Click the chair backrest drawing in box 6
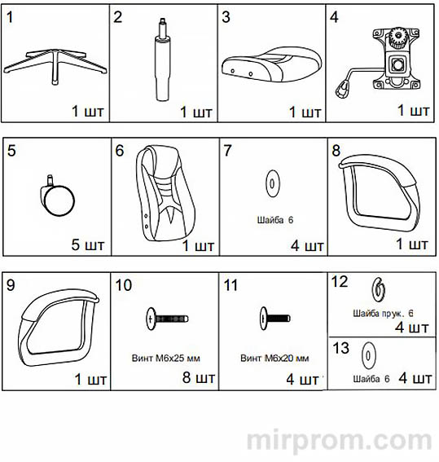[x=165, y=193]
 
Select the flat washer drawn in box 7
[x=272, y=183]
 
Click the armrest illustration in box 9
[x=24, y=333]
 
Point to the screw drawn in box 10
[x=167, y=319]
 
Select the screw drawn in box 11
[x=275, y=319]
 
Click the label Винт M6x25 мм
[x=166, y=359]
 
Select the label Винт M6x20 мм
[x=274, y=359]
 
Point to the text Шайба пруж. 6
[x=383, y=314]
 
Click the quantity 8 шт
[x=199, y=378]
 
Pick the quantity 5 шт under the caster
[x=88, y=244]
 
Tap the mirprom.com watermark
[x=339, y=442]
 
